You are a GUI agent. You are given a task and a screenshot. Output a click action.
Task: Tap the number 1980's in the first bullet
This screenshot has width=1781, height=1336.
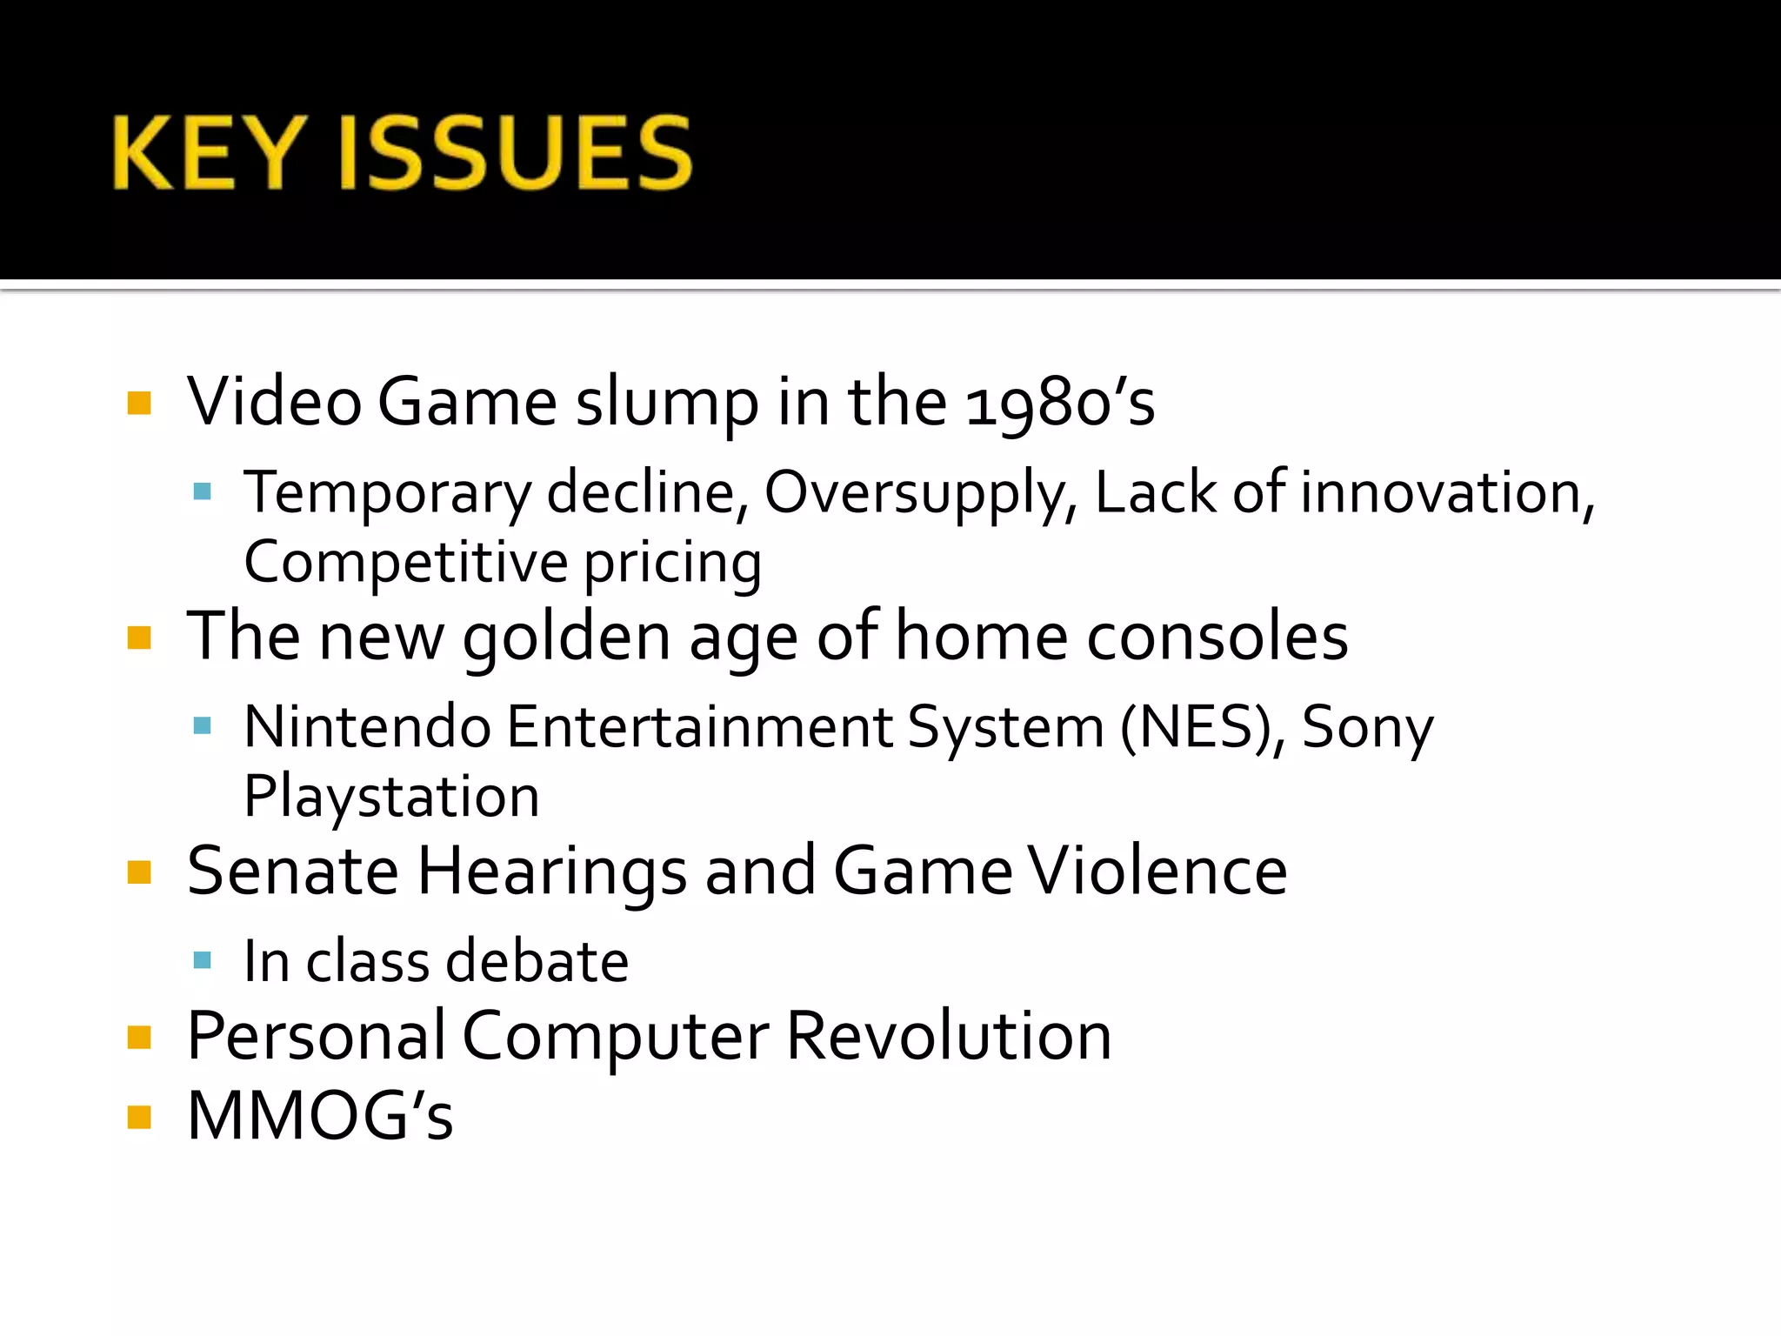(1060, 403)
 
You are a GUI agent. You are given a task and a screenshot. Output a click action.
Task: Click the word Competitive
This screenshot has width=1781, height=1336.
(405, 562)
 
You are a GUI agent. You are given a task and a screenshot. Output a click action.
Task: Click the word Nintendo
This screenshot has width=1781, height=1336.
(367, 727)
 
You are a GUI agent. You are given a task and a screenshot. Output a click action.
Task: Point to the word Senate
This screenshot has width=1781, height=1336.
(293, 871)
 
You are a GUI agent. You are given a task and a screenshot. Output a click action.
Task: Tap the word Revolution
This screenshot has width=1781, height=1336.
(949, 1036)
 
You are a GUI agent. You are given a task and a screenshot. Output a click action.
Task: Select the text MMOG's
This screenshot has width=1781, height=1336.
(320, 1116)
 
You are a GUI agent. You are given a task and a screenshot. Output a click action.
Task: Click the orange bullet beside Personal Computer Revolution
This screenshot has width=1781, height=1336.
(139, 1037)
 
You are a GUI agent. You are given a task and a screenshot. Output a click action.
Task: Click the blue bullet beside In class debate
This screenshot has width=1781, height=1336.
(203, 960)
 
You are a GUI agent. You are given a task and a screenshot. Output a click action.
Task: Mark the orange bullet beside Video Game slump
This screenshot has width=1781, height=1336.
(139, 403)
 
